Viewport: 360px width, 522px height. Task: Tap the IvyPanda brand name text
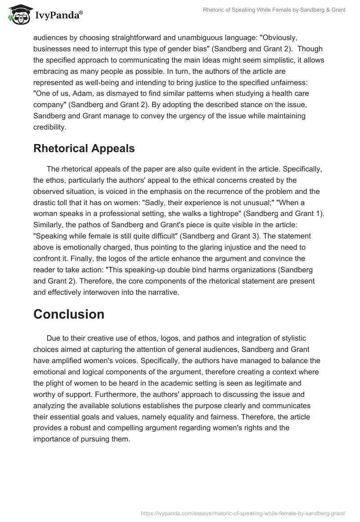[x=58, y=15]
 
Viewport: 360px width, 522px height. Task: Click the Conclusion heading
[x=69, y=314]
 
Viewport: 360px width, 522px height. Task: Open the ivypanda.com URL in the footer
[x=243, y=513]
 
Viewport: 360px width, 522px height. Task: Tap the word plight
[x=54, y=382]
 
